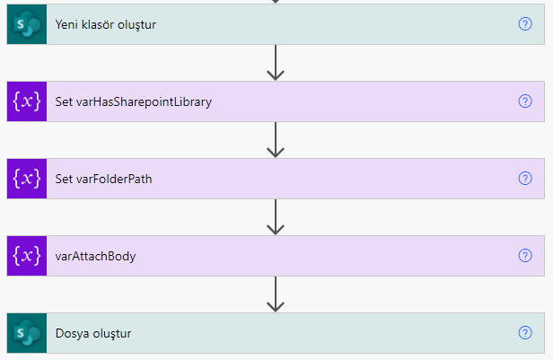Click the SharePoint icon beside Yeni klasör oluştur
(x=27, y=24)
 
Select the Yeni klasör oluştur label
(x=105, y=24)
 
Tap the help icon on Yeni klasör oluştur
(x=525, y=24)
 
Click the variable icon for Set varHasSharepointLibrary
(x=27, y=101)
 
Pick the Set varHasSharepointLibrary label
(x=133, y=102)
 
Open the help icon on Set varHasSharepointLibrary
(x=525, y=101)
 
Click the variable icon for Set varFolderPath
(x=27, y=179)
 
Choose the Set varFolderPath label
(x=103, y=179)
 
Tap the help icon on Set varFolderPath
(x=525, y=179)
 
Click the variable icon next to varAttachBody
(x=27, y=256)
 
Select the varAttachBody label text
(x=95, y=257)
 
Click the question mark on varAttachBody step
(x=525, y=256)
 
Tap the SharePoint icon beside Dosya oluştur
(x=27, y=333)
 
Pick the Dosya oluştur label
(x=93, y=334)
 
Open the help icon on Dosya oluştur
(x=525, y=333)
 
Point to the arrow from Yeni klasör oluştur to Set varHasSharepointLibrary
(x=276, y=63)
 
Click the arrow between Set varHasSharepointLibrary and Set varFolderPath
(x=276, y=140)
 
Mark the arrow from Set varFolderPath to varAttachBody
(x=276, y=217)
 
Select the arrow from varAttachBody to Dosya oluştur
(x=276, y=294)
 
